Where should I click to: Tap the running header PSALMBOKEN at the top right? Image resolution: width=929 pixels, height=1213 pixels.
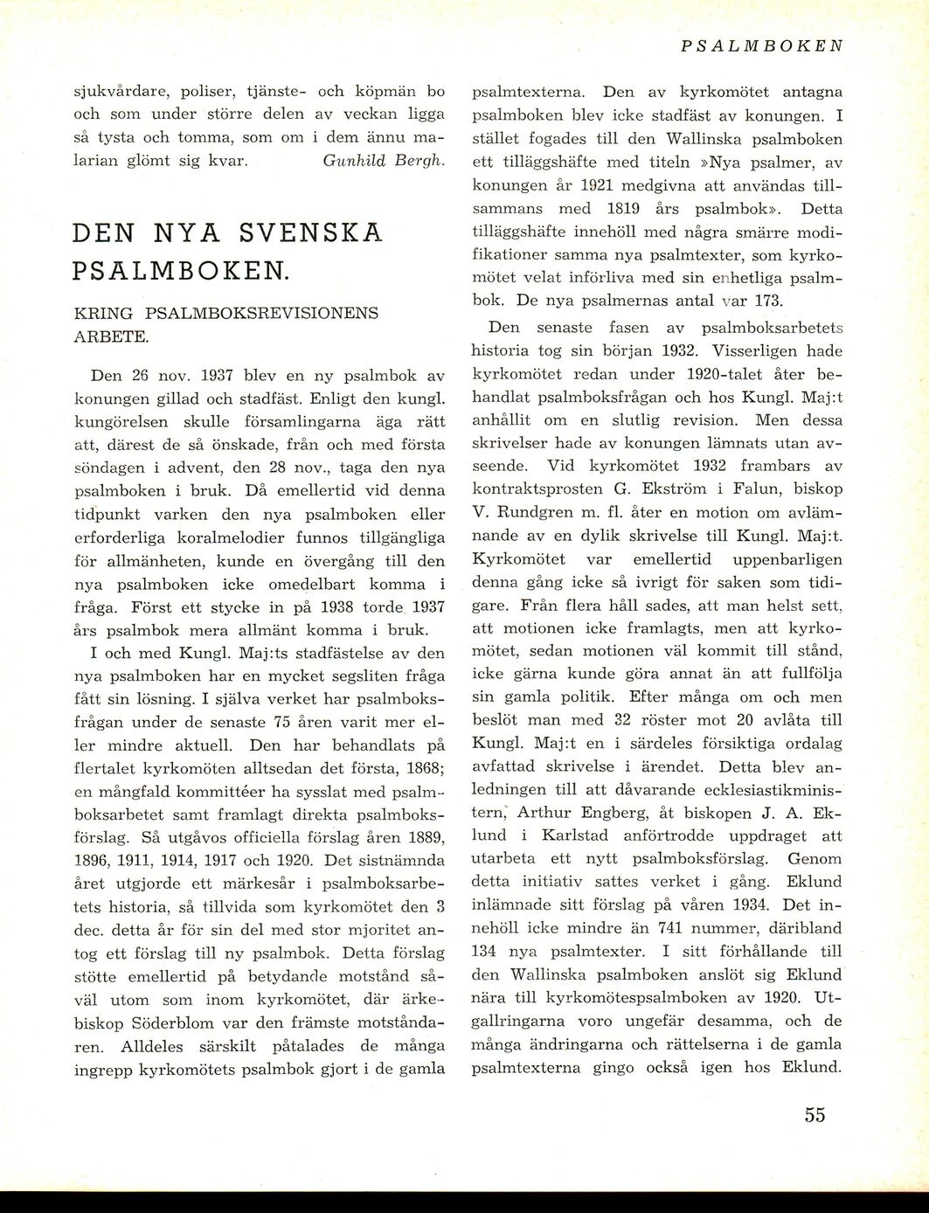pos(761,45)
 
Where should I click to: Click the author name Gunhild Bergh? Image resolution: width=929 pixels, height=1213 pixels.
pos(385,161)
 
